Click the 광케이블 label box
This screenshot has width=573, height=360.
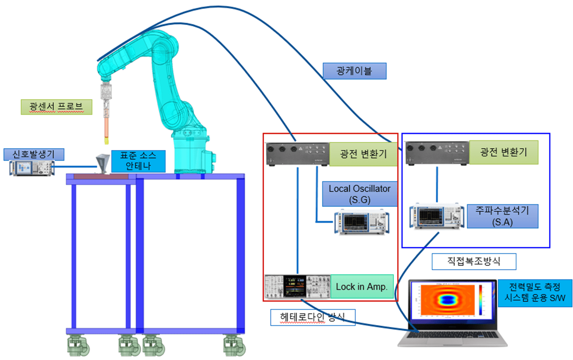pyautogui.click(x=354, y=71)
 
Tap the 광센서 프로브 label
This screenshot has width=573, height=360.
pyautogui.click(x=56, y=107)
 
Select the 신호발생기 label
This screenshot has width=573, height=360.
pyautogui.click(x=34, y=154)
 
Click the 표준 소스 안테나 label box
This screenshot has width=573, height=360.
pyautogui.click(x=138, y=161)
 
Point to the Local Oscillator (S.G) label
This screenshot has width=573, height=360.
pyautogui.click(x=360, y=194)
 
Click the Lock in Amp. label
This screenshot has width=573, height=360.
pyautogui.click(x=361, y=287)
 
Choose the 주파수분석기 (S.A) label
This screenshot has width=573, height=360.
pyautogui.click(x=502, y=216)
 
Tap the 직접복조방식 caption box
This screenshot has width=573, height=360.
pyautogui.click(x=474, y=261)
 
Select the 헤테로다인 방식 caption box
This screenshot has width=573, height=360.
pyautogui.click(x=312, y=317)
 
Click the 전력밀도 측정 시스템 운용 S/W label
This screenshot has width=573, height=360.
pyautogui.click(x=535, y=293)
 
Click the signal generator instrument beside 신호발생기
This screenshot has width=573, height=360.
pyautogui.click(x=32, y=168)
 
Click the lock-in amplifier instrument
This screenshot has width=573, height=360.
pyautogui.click(x=297, y=286)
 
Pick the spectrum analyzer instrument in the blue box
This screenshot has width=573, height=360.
pyautogui.click(x=437, y=216)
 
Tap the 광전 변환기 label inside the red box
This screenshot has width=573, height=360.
pyautogui.click(x=363, y=154)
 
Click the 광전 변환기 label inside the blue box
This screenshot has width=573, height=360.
pyautogui.click(x=503, y=152)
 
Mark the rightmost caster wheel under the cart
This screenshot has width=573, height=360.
pyautogui.click(x=234, y=346)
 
